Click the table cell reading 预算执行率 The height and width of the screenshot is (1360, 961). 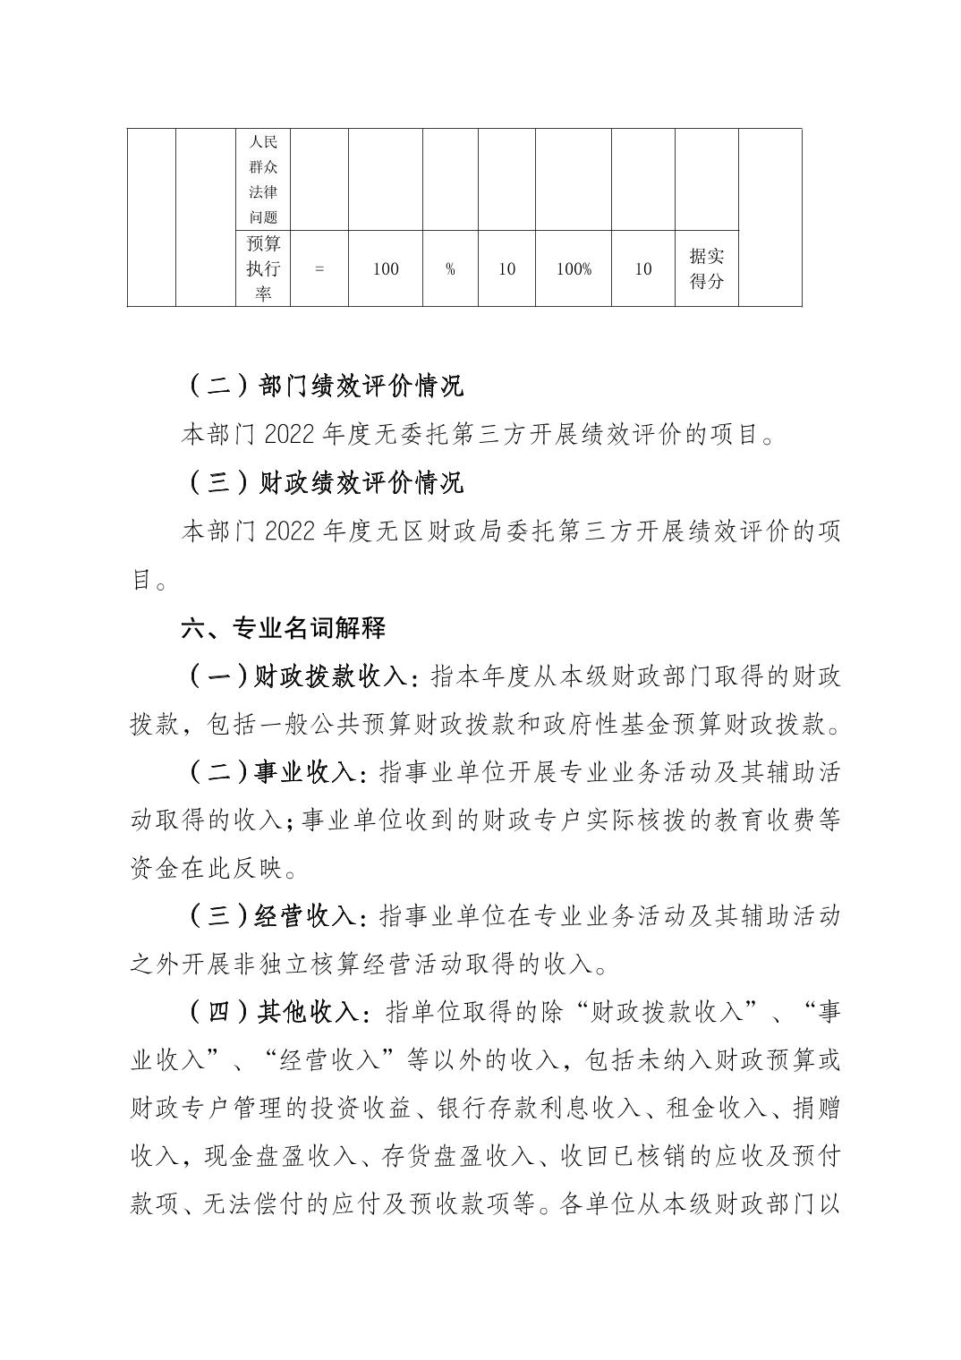pos(263,268)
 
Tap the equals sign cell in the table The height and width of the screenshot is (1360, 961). pos(319,268)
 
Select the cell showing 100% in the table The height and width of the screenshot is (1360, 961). pos(574,268)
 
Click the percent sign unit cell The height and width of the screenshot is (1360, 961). pos(450,268)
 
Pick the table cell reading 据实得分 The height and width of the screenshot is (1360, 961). pos(706,268)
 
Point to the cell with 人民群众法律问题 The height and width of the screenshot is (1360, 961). pos(263,180)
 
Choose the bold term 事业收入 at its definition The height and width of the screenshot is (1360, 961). pos(306,773)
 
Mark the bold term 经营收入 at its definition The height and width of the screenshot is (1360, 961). pos(306,917)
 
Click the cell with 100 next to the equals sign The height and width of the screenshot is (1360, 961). pos(385,268)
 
